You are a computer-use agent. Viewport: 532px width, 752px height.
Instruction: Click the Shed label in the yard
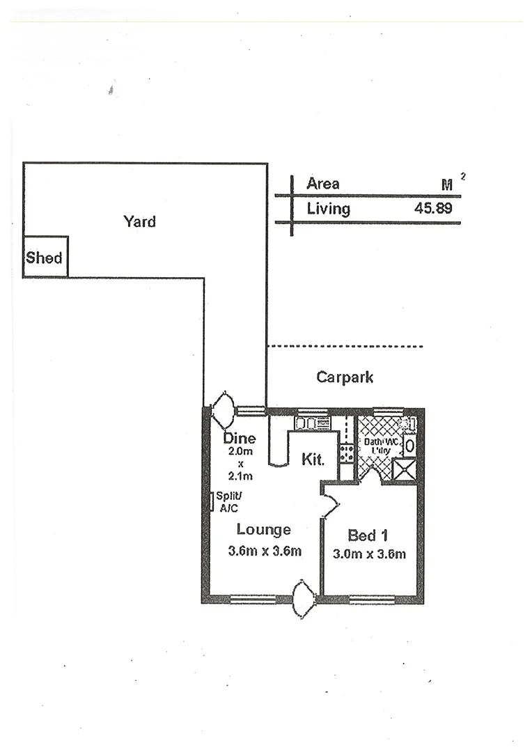point(45,258)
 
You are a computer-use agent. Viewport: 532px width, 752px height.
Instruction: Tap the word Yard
point(139,221)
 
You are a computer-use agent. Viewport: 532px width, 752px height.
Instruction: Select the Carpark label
point(345,377)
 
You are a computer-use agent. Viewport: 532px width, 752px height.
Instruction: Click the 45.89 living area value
point(434,208)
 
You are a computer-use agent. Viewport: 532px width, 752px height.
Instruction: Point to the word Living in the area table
point(329,208)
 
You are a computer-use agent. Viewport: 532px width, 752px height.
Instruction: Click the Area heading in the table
point(323,184)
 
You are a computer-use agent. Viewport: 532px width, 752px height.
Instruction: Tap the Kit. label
point(313,460)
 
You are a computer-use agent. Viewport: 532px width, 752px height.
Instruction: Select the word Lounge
point(263,530)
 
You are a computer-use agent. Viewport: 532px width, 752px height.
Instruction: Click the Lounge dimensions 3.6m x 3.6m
point(265,551)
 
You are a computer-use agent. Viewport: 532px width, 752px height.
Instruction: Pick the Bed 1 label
point(367,535)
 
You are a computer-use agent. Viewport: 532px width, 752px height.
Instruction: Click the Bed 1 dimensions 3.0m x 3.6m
point(369,554)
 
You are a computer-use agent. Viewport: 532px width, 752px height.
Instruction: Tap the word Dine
point(240,439)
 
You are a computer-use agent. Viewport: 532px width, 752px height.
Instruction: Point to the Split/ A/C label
point(228,501)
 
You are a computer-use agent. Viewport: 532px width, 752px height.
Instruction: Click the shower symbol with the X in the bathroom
point(403,470)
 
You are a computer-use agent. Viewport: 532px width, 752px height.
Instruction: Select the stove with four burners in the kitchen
point(346,453)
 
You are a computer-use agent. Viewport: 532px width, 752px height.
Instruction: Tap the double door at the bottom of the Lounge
point(304,599)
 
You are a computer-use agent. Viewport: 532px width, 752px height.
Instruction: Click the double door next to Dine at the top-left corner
point(225,411)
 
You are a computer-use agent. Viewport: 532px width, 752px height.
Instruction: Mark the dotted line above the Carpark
point(345,346)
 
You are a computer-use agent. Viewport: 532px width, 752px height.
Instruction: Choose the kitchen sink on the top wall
point(311,422)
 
